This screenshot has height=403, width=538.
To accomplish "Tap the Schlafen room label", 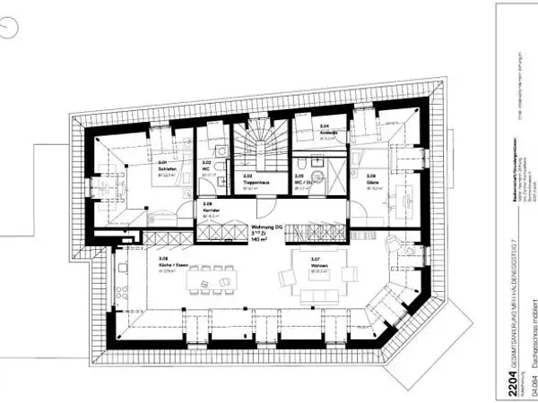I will (163, 168).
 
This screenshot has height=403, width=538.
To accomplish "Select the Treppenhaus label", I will (252, 182).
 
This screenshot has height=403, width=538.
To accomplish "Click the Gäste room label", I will (370, 182).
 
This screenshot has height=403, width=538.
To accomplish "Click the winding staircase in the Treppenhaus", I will (260, 143).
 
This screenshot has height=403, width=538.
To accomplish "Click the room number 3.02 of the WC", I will (205, 162).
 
